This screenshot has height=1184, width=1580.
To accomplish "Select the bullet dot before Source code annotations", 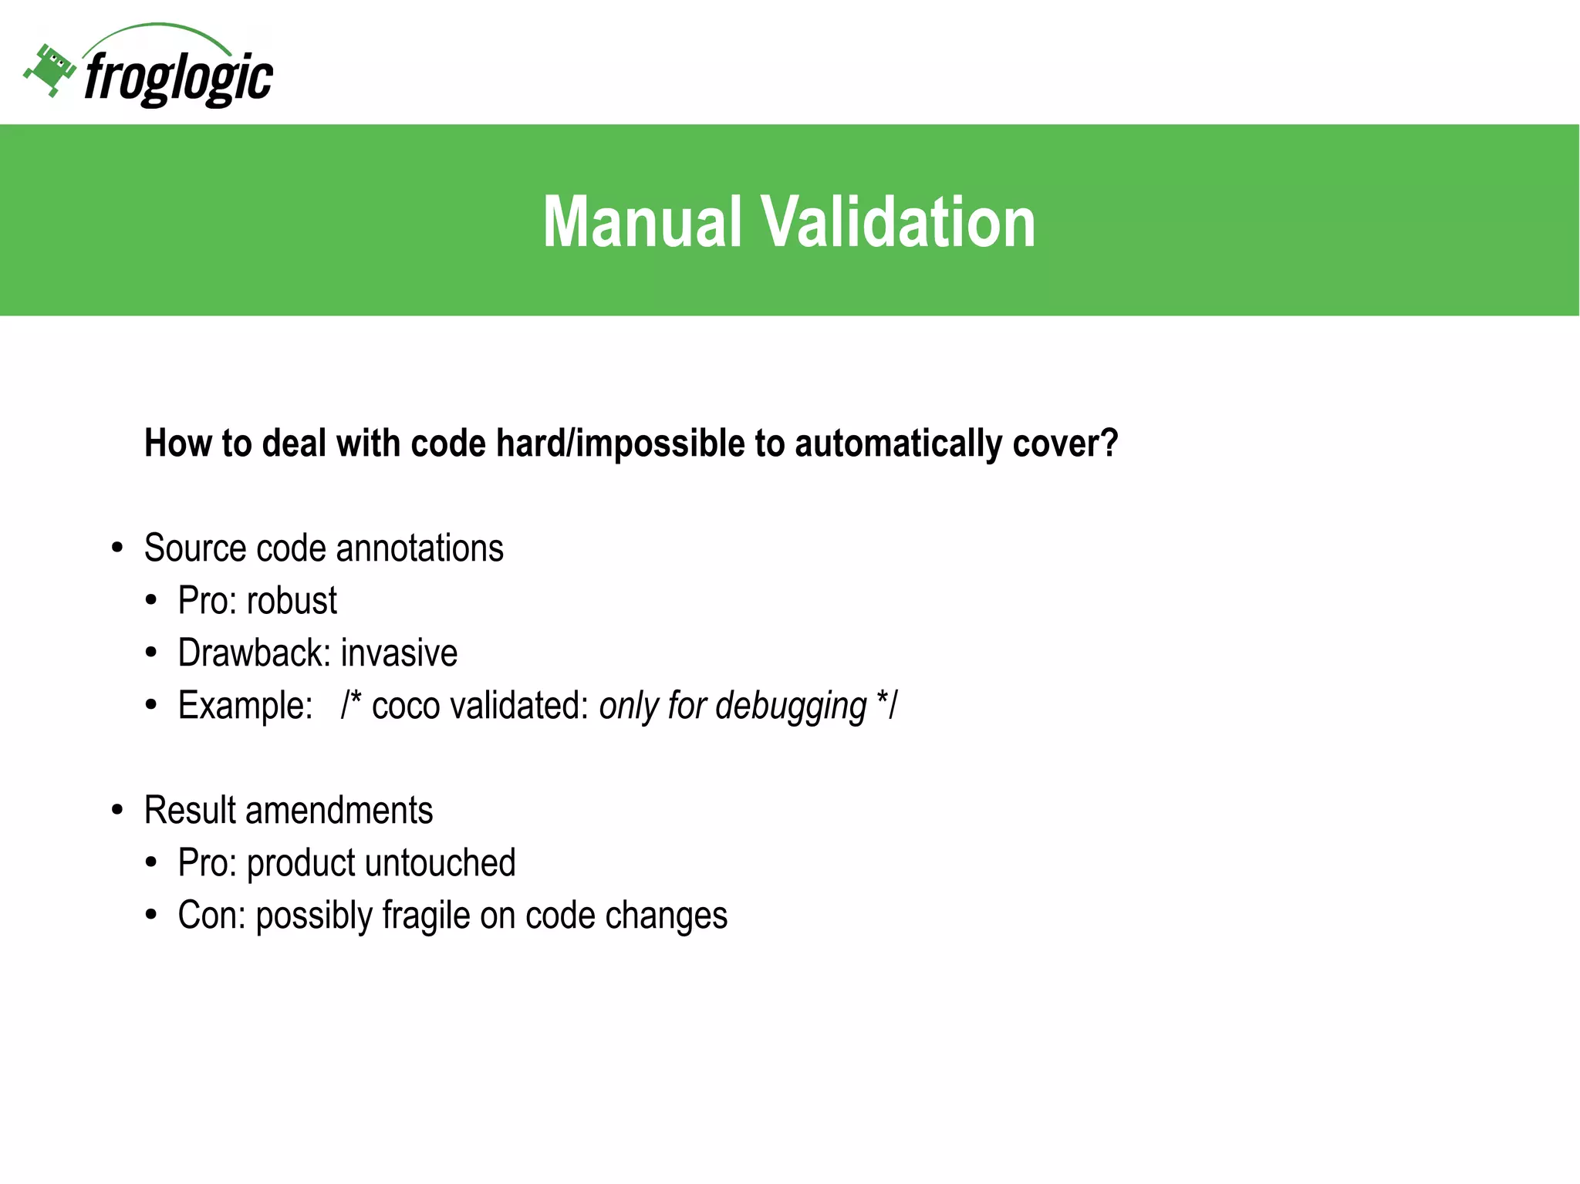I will coord(117,548).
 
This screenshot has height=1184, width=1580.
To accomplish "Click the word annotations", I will coord(420,548).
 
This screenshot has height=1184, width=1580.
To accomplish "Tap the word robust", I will coord(292,601).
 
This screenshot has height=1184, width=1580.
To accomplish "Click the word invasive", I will coord(399,653).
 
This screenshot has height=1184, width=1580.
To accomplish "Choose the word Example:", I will coord(245,706).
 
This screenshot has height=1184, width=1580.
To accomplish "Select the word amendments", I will coord(339,811).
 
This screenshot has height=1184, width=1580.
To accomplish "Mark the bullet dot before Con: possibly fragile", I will coord(151,916).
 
